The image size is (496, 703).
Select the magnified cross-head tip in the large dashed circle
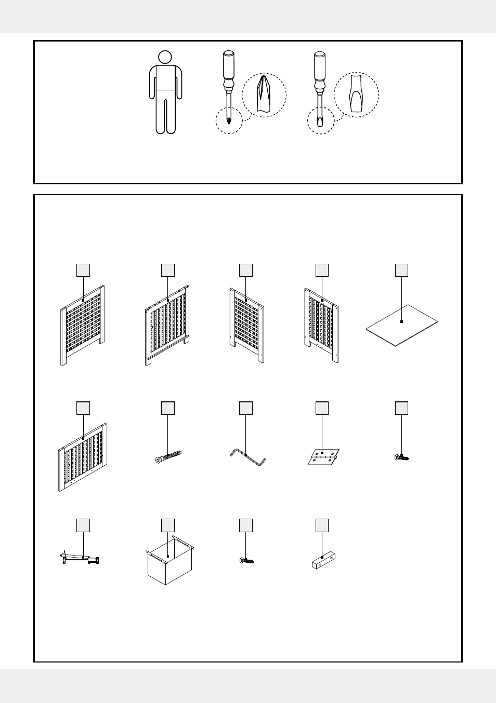point(264,94)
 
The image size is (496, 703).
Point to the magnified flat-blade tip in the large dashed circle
point(356,94)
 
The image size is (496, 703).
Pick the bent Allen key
point(247,457)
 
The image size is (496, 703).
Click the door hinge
point(323,457)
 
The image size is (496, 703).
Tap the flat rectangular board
point(401,325)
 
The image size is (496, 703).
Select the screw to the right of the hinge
point(402,457)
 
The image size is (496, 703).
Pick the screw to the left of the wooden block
point(246,560)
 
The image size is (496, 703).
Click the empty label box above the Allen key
point(246,408)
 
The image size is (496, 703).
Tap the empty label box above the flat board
point(401,270)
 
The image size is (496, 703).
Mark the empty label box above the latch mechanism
point(83,525)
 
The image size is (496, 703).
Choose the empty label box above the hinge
point(322,408)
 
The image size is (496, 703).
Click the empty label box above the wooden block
point(322,525)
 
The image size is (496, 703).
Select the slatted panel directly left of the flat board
point(322,325)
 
